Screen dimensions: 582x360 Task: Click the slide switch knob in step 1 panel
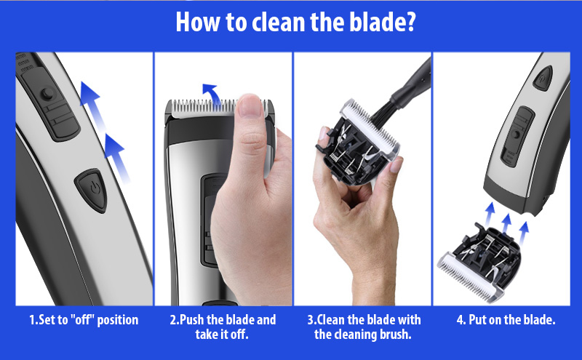[47, 94]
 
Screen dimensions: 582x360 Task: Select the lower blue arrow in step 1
[117, 158]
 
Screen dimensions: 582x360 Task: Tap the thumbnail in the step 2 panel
[250, 105]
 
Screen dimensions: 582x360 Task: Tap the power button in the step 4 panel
[543, 78]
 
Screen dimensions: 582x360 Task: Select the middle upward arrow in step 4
[506, 224]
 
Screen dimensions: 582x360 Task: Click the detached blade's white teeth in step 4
[469, 277]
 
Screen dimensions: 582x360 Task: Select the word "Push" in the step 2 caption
[191, 319]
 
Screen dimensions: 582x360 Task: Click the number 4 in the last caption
[461, 320]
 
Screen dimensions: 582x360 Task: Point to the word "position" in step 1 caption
[117, 321]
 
